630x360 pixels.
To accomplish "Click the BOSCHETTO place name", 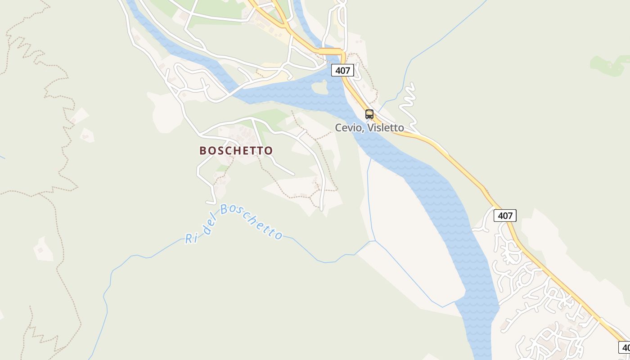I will point(236,150).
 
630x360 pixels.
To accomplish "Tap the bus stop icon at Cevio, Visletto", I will point(369,114).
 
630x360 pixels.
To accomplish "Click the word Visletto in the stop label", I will point(386,128).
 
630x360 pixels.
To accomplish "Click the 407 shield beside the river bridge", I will point(342,70).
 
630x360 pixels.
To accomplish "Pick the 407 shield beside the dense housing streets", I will point(505,216).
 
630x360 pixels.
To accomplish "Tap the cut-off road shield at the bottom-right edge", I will point(625,347).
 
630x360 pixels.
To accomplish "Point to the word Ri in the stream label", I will point(192,238).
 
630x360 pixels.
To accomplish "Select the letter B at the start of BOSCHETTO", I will point(203,150).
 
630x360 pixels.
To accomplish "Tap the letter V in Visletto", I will point(371,128).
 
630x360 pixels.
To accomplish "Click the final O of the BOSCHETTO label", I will point(269,150).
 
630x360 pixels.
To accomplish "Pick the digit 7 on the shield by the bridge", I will point(347,70).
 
